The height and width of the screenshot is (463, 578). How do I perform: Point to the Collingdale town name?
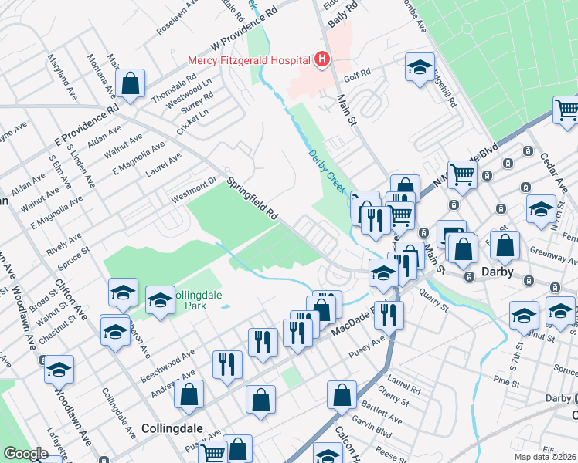172,427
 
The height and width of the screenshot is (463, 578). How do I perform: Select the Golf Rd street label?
359,71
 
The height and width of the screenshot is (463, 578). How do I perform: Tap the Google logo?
26,454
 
